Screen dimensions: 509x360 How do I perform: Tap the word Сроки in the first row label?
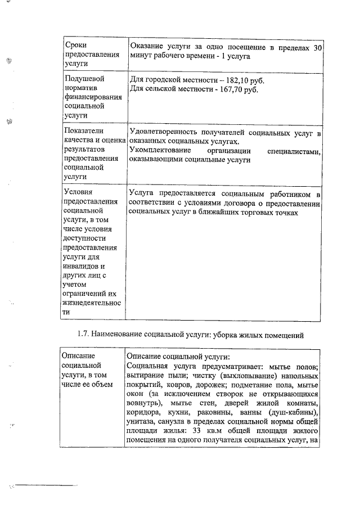[x=75, y=44]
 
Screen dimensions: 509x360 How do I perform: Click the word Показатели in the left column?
[x=85, y=132]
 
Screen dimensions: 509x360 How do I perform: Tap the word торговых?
[x=255, y=213]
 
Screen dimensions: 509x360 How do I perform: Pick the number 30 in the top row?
[x=317, y=48]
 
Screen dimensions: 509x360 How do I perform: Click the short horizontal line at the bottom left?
[x=46, y=484]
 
